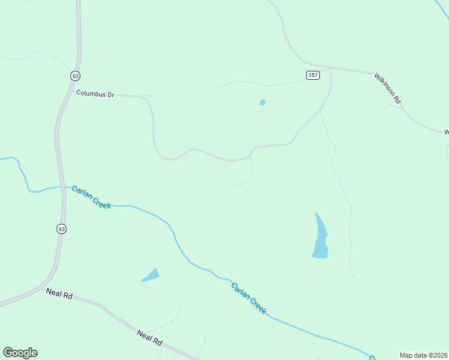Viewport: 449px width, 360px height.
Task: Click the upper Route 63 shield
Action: (x=74, y=76)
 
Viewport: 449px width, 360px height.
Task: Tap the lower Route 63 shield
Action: (x=62, y=229)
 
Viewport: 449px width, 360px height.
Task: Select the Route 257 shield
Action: (x=312, y=75)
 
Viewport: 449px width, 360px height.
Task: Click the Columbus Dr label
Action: (x=95, y=94)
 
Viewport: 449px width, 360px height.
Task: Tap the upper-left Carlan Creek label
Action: (x=91, y=197)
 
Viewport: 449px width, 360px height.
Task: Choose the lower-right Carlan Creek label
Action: (x=249, y=298)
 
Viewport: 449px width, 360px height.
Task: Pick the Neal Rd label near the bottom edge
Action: (x=149, y=337)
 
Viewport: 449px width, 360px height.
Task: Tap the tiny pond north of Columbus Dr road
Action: (x=262, y=103)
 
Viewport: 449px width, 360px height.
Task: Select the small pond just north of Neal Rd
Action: (x=151, y=275)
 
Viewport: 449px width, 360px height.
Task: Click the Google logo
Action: (x=20, y=353)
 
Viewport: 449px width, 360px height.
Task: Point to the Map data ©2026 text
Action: (x=423, y=355)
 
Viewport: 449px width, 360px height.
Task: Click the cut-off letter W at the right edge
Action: (x=446, y=131)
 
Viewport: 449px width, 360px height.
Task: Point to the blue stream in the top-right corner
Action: (x=442, y=7)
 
